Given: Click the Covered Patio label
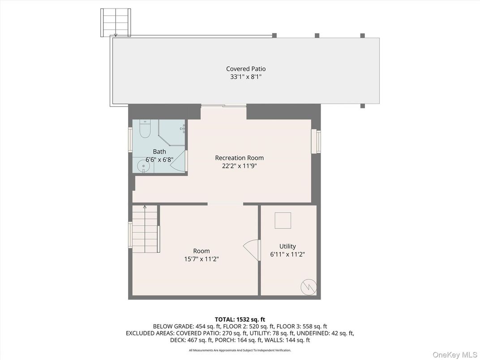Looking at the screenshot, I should pos(245,69).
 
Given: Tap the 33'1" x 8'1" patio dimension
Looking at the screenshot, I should pos(245,77).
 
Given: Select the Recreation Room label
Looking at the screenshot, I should pos(239,158).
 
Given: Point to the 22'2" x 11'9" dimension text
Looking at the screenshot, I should pos(239,166).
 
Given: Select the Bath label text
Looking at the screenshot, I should pos(159,152).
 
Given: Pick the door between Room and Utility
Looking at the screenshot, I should pos(253,249).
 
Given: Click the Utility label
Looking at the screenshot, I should pos(287,246).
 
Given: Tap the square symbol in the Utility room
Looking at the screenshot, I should pos(283,220).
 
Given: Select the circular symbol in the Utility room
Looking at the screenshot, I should pos(309,286).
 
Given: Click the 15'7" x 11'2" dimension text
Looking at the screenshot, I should pos(201,259).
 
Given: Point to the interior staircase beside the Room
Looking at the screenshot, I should pos(146,229).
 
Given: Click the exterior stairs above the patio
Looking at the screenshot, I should pos(116,22).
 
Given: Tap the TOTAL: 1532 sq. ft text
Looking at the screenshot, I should pos(240,319).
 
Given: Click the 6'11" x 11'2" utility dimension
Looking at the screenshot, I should pos(287,254).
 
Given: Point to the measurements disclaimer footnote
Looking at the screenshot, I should pos(240,350).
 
